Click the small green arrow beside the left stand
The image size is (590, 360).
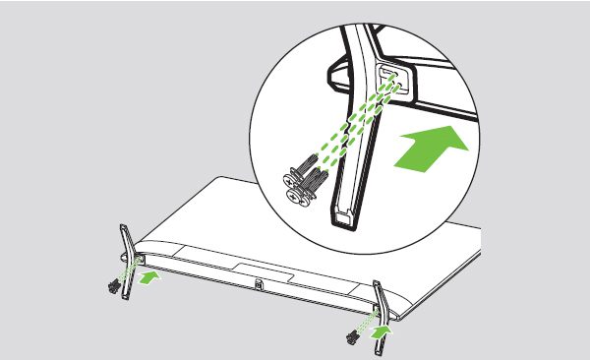pyautogui.click(x=149, y=279)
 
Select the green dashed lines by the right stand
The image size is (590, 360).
pyautogui.click(x=367, y=322)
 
